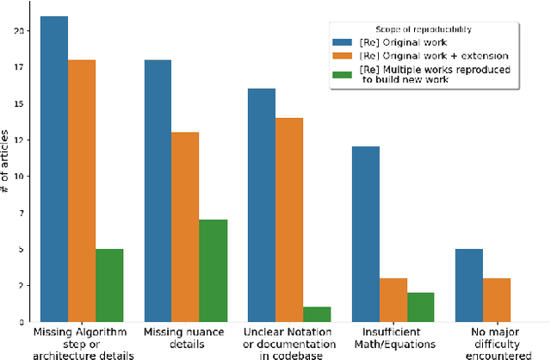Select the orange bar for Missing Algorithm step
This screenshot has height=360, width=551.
click(82, 190)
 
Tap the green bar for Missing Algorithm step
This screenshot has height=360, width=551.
click(109, 285)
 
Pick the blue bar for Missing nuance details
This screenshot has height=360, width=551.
click(158, 190)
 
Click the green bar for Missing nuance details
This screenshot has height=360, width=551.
click(213, 270)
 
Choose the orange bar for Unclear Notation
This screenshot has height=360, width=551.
click(289, 220)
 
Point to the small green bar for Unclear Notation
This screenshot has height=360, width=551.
click(317, 314)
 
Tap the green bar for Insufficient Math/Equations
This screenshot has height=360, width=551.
click(420, 307)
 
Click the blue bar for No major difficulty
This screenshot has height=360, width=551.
click(469, 285)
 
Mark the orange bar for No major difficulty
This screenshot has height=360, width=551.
click(497, 300)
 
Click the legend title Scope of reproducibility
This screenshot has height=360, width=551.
click(427, 28)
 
